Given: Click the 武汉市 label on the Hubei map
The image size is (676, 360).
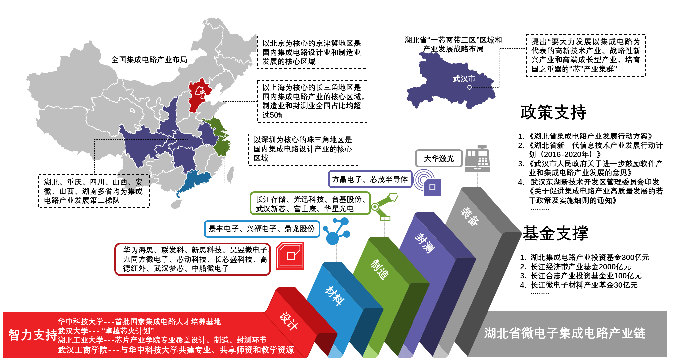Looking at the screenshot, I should click(x=464, y=79).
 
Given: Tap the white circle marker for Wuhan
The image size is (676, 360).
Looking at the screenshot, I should click(x=469, y=87).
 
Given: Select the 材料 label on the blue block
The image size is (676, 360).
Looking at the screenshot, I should click(x=335, y=295).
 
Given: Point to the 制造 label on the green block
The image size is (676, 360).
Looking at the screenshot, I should click(x=379, y=269).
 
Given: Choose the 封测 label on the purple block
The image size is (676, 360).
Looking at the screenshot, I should click(x=425, y=243).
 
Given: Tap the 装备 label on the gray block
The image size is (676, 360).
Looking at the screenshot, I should click(x=470, y=217).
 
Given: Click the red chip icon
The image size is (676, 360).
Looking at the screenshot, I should click(x=290, y=255).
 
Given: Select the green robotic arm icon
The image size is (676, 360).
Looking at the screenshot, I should click(x=384, y=206).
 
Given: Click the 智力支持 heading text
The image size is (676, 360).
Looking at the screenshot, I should click(x=33, y=335).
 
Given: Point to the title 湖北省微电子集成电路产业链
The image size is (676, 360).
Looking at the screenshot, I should click(x=564, y=333).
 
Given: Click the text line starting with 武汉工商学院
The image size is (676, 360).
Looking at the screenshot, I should click(x=176, y=350).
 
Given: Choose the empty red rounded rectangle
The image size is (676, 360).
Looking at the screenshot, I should click(x=193, y=259).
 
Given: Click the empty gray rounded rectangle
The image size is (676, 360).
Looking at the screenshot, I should click(x=439, y=158).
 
